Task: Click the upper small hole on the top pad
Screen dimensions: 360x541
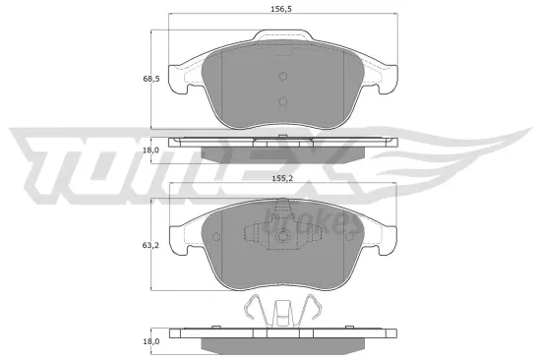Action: pos(282,78)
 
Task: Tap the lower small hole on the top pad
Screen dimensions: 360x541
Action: pos(282,102)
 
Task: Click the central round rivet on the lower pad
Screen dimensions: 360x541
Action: pos(282,237)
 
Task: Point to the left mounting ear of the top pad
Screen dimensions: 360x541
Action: pos(180,79)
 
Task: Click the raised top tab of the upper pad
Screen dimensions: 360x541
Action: pos(281,37)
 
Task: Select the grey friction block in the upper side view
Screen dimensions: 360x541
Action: pos(282,153)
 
